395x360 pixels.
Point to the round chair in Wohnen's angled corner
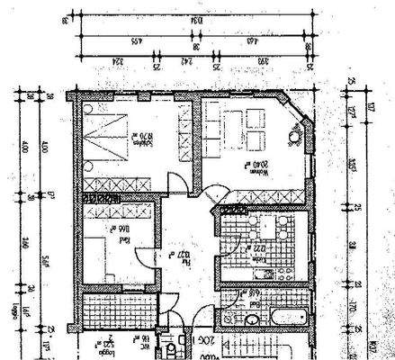click(293, 137)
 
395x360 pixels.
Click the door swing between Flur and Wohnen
click(213, 193)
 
